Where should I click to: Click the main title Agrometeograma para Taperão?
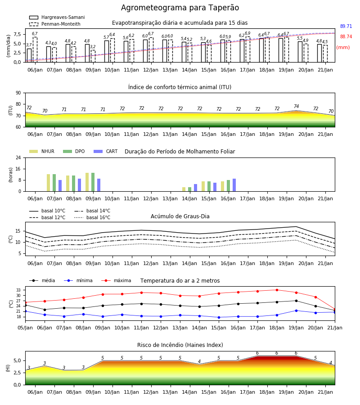pos(180,8)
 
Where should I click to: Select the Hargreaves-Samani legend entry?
pos(57,17)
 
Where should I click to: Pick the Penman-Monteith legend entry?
pos(55,24)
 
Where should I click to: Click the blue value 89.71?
pos(346,27)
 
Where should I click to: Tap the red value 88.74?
pos(346,37)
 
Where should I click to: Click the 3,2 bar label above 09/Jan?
pos(93,47)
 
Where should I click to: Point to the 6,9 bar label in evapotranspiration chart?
pos(247,33)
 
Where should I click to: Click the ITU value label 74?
pos(296,106)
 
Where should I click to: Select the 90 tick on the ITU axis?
pos(18,93)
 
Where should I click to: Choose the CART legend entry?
pos(105,151)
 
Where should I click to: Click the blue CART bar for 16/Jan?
pos(234,185)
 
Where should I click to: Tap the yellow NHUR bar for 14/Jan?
pos(184,189)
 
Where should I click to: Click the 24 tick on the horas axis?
pos(18,157)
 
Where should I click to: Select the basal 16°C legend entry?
pos(92,218)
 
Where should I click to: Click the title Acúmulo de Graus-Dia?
pos(180,216)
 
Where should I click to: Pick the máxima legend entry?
pos(116,280)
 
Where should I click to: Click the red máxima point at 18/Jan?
pos(277,290)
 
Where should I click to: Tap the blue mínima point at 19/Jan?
pos(296,310)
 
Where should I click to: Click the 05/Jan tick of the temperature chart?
pos(25,328)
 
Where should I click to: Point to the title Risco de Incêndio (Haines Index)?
pos(180,345)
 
